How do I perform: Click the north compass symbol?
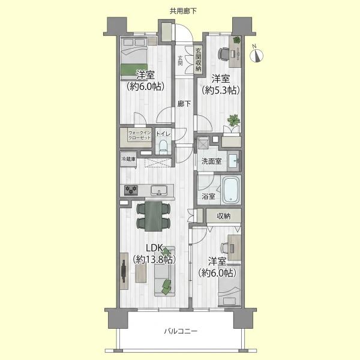pos(256,55)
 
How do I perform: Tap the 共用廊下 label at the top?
pos(183,11)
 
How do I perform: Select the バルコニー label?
pos(181,331)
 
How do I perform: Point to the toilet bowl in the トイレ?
pos(163,146)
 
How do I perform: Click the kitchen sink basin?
pos(158,190)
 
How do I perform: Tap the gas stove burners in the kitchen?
pos(131,190)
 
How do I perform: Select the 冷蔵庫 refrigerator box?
pos(128,159)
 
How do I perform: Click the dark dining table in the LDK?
pos(153,216)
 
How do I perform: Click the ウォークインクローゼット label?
pos(140,135)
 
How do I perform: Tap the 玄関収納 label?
pos(198,59)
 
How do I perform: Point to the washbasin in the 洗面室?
pos(233,160)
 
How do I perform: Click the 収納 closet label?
pos(223,216)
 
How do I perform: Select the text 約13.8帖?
pos(154,259)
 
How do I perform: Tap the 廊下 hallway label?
pos(184,104)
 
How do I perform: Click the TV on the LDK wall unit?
pos(124,271)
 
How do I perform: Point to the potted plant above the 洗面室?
pos(234,121)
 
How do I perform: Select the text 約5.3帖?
pos(221,91)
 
